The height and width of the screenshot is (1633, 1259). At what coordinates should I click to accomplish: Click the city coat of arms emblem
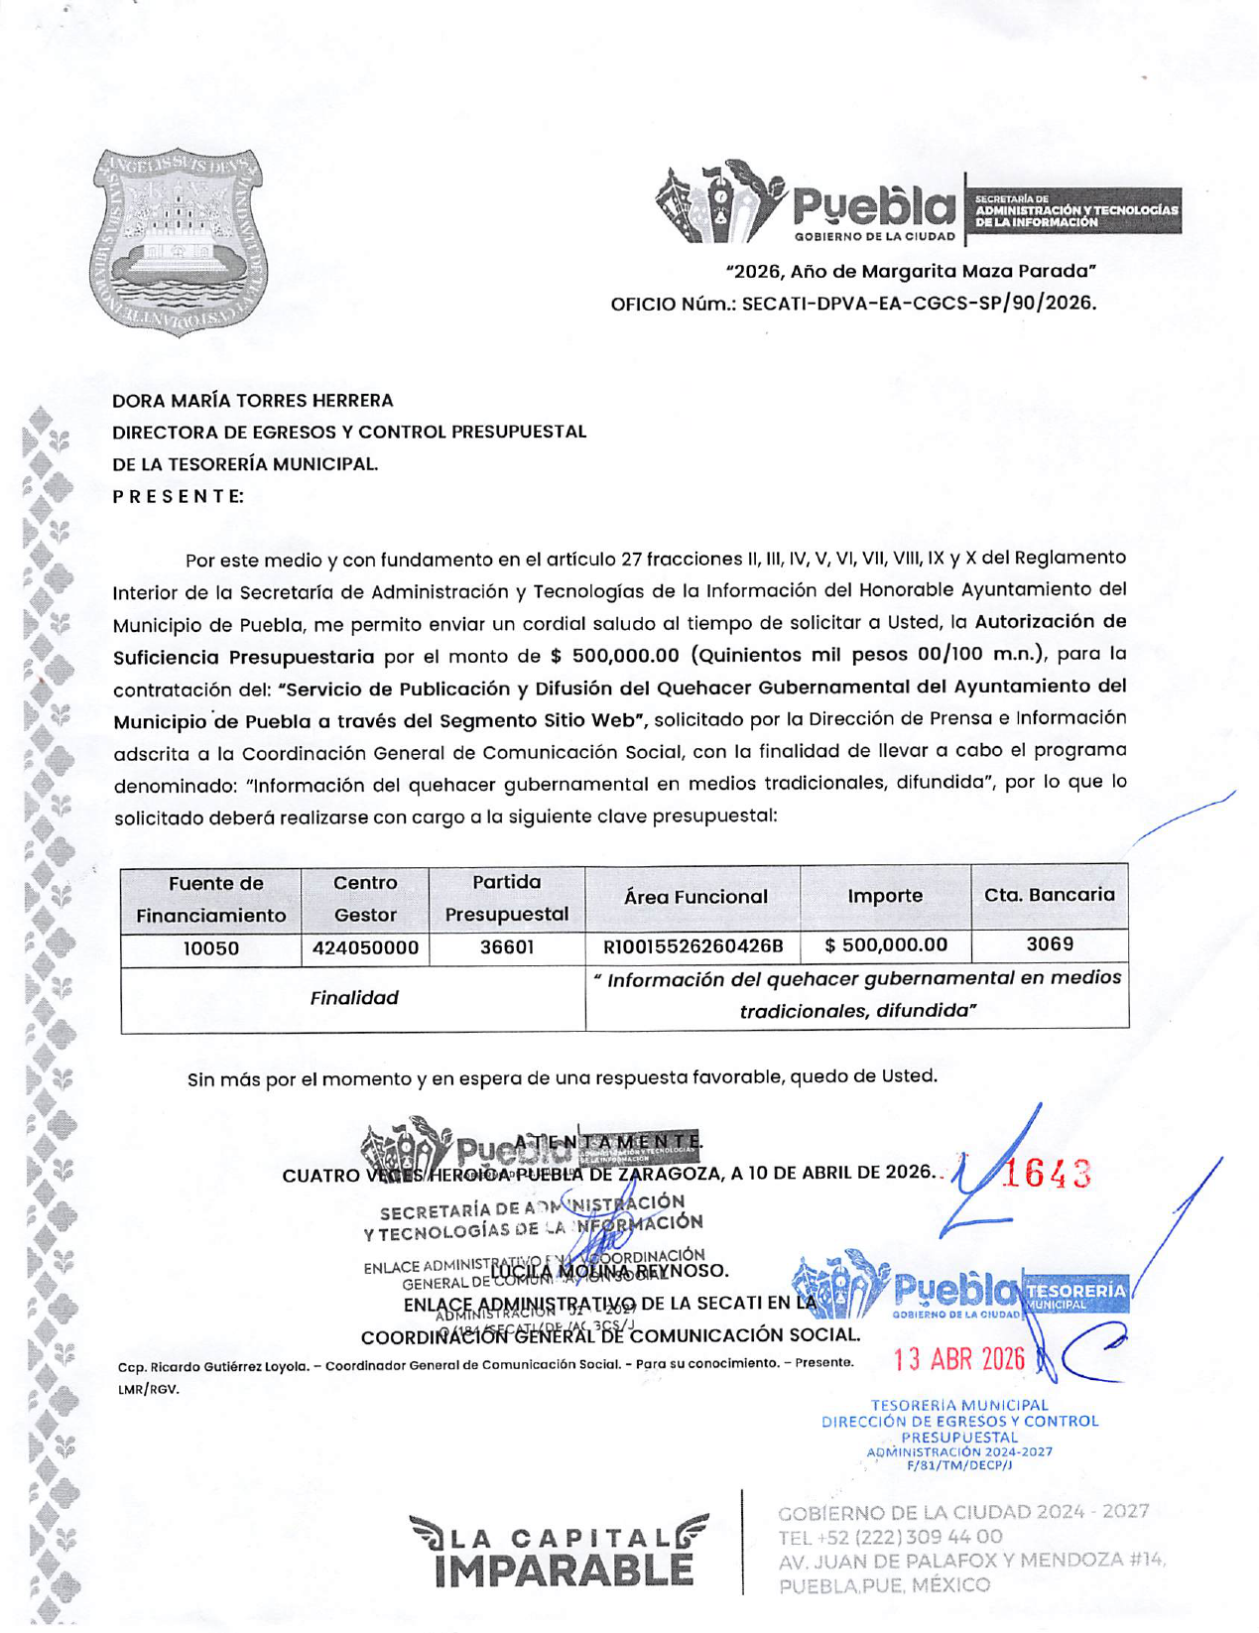click(x=178, y=241)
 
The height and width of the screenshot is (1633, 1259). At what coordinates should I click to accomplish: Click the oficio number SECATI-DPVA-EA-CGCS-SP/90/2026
click(x=919, y=304)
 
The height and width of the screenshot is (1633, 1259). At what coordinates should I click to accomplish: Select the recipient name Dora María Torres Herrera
click(x=252, y=401)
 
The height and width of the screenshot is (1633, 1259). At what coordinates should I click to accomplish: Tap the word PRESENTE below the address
click(x=178, y=496)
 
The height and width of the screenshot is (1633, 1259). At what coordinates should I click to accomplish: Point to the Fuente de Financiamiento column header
click(x=211, y=899)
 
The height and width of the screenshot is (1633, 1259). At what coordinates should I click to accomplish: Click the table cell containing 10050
click(x=211, y=948)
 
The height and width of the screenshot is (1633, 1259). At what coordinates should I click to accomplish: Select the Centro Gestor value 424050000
click(x=365, y=948)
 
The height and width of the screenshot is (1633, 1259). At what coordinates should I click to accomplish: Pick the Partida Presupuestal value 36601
click(x=507, y=947)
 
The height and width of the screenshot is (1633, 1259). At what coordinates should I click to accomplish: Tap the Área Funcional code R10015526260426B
click(x=692, y=946)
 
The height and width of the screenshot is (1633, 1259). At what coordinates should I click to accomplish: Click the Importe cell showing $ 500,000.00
click(x=886, y=945)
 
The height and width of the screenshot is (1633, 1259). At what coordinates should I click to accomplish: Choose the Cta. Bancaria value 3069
click(x=1050, y=944)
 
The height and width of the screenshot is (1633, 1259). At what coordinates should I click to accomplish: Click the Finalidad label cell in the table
click(x=354, y=998)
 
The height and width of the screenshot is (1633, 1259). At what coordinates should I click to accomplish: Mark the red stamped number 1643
click(x=1047, y=1174)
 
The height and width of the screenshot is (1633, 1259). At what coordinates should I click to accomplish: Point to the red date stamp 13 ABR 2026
click(x=958, y=1359)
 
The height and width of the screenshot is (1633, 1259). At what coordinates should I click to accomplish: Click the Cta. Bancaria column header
click(x=1050, y=895)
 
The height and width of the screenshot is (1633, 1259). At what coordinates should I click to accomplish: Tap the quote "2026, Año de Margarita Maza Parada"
click(x=911, y=272)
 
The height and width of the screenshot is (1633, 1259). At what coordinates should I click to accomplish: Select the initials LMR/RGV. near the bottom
click(x=149, y=1389)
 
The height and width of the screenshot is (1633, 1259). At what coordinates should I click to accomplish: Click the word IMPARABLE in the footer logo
click(x=564, y=1571)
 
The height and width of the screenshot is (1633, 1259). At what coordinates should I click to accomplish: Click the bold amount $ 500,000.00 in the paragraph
click(x=614, y=656)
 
